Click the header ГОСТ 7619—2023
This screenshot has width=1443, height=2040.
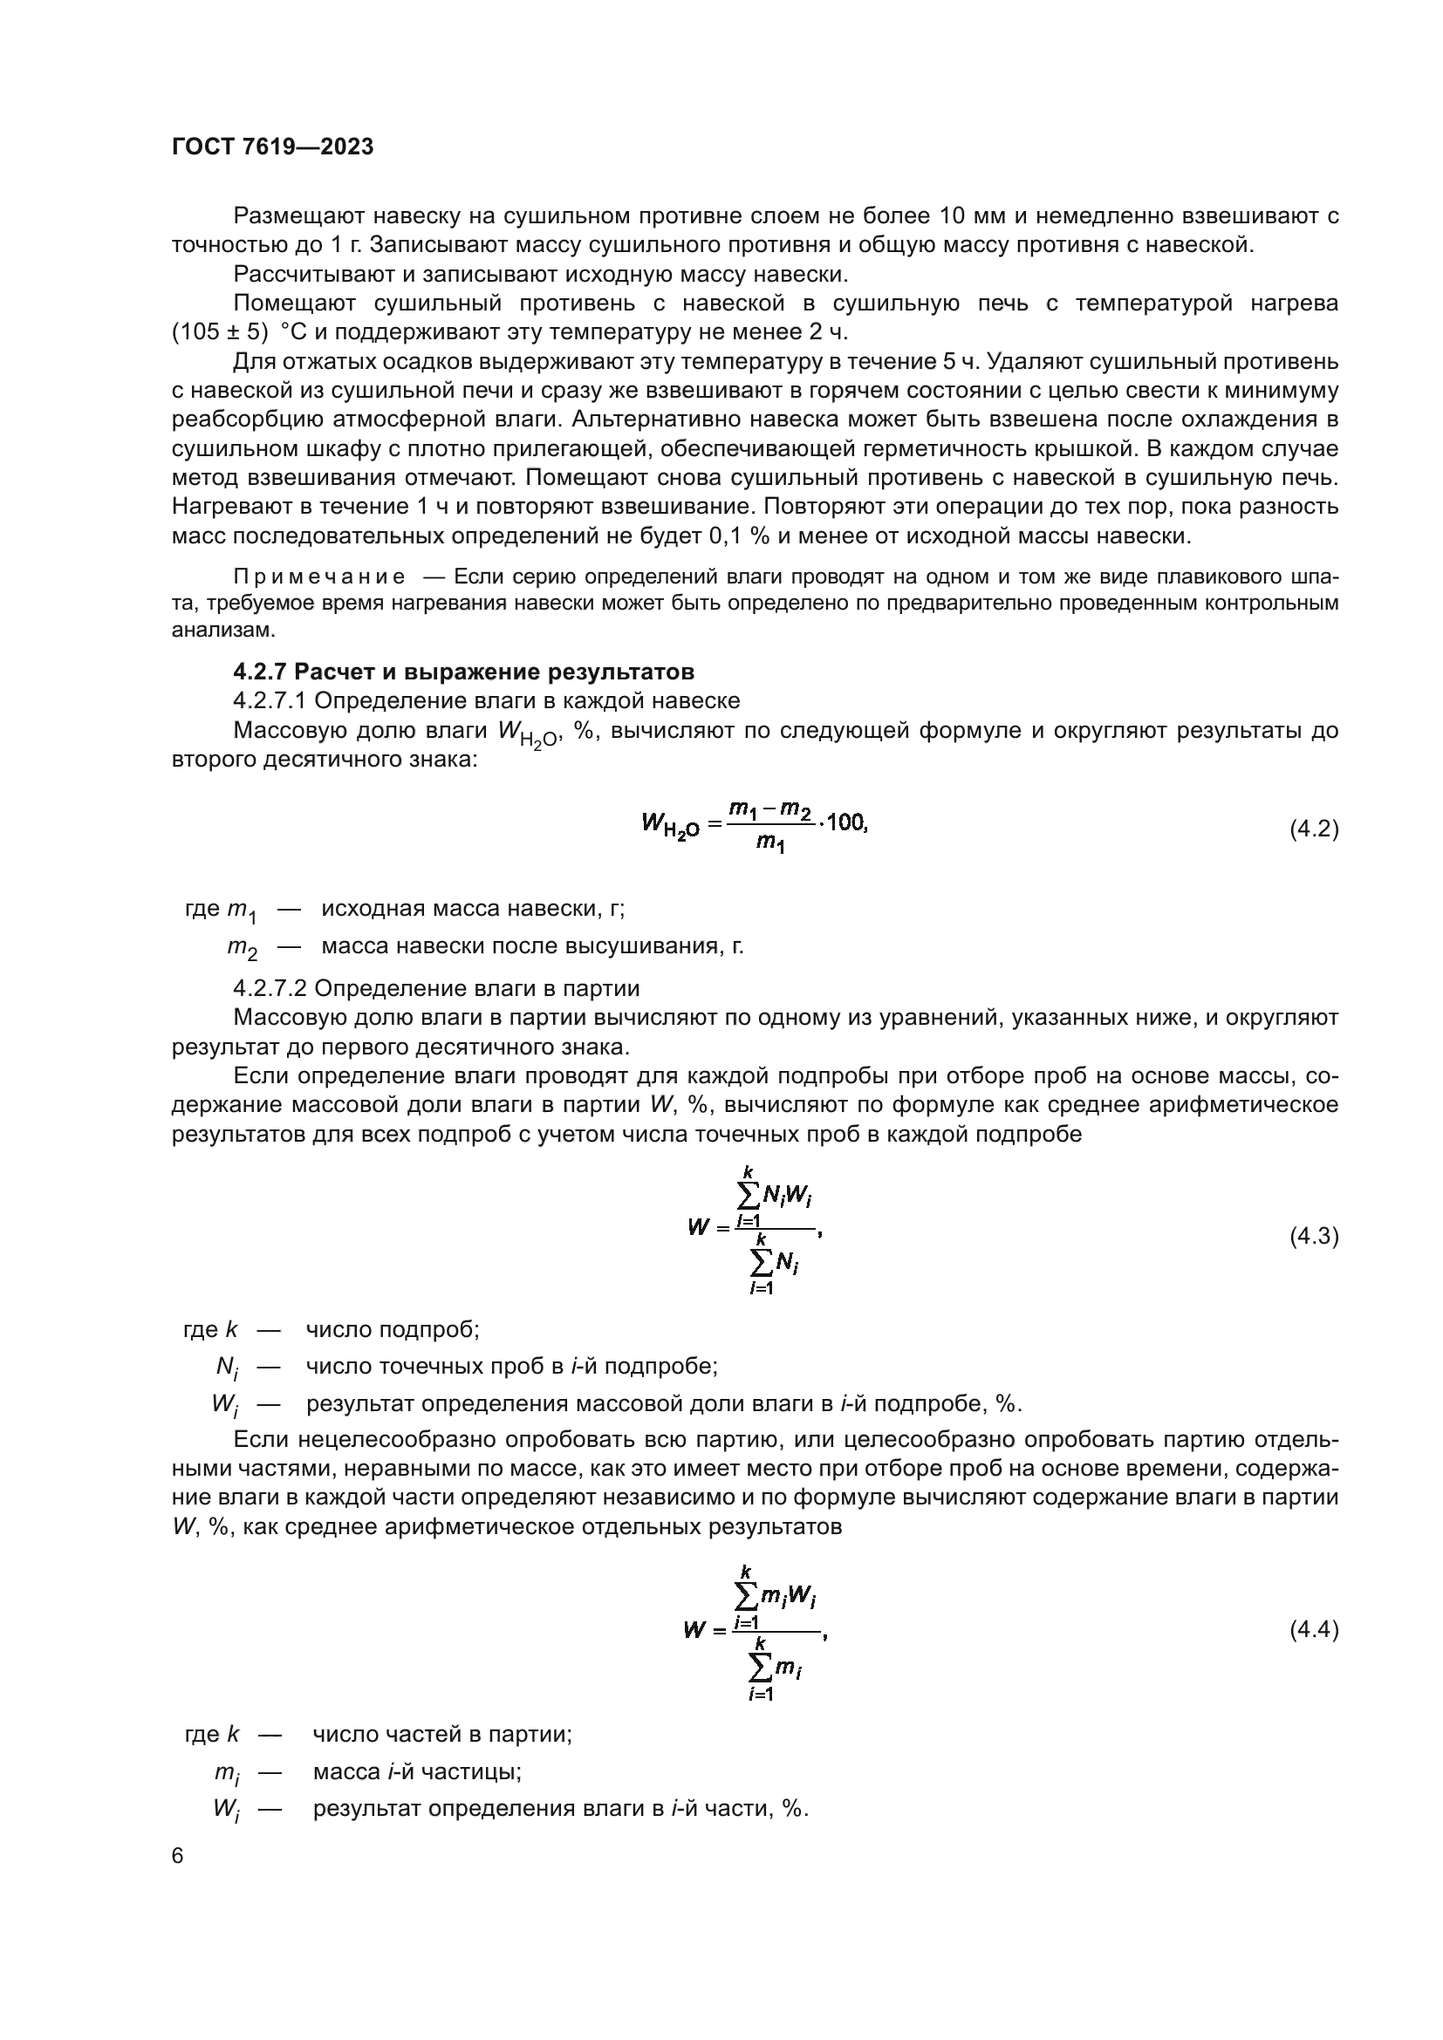(273, 147)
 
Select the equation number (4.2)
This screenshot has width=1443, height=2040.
(1313, 829)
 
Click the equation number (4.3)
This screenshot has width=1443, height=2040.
(1313, 1236)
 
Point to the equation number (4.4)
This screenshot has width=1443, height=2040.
(1313, 1629)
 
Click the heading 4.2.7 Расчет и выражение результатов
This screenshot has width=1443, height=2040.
(463, 671)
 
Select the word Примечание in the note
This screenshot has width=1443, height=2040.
(319, 577)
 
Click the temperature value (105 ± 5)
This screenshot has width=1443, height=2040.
(220, 332)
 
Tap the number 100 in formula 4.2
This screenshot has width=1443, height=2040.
(845, 822)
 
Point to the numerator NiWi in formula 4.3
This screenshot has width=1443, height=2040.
(787, 1197)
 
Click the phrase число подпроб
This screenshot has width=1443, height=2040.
(392, 1329)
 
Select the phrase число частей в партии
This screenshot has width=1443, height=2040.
(441, 1734)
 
